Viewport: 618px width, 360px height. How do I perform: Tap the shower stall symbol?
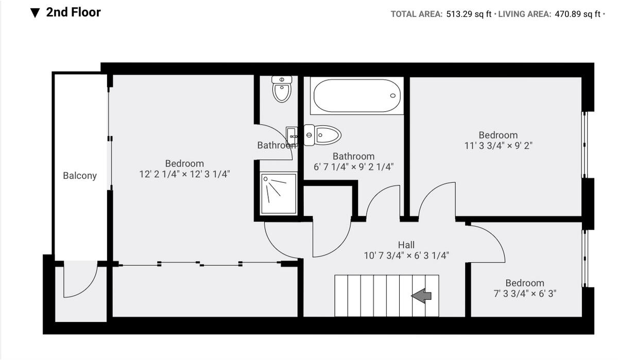[x=279, y=194]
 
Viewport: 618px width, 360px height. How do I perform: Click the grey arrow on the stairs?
[x=421, y=296]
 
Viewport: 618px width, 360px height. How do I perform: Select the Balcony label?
[x=80, y=176]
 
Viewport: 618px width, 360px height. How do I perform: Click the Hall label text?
[x=406, y=245]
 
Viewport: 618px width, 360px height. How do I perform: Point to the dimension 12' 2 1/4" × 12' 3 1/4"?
[x=184, y=174]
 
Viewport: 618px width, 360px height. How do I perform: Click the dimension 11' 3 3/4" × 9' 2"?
[x=498, y=145]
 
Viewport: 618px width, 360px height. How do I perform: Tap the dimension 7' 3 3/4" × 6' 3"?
[x=524, y=294]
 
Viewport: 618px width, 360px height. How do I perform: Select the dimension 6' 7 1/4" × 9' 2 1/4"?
[x=353, y=167]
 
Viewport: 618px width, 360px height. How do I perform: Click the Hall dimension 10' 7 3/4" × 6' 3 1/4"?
[x=406, y=255]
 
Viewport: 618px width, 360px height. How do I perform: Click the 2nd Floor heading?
[x=73, y=12]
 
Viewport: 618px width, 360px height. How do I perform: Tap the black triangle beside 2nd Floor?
[x=35, y=13]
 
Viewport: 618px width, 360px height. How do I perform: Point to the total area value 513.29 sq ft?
[x=468, y=14]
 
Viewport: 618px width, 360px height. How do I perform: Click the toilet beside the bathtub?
[x=322, y=135]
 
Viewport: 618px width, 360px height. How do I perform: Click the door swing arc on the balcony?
[x=81, y=281]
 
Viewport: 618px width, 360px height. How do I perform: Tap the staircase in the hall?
[x=386, y=296]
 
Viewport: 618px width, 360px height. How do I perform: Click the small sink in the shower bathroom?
[x=292, y=136]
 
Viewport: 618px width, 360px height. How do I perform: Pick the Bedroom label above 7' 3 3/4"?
[x=524, y=283]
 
